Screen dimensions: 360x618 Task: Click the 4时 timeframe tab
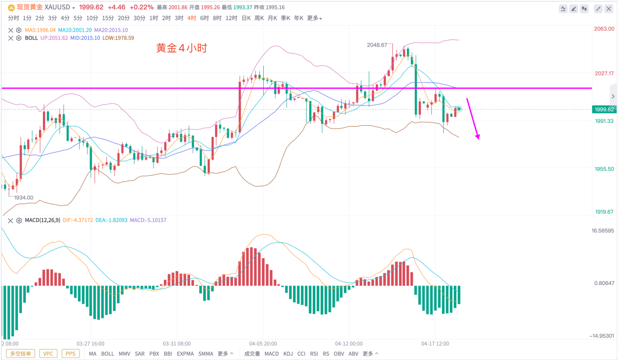pyautogui.click(x=192, y=18)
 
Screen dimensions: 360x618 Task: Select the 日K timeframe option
pyautogui.click(x=246, y=18)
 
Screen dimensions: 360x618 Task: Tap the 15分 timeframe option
pyautogui.click(x=108, y=18)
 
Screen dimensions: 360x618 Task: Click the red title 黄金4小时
pyautogui.click(x=182, y=48)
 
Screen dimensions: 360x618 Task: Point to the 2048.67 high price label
pyautogui.click(x=377, y=45)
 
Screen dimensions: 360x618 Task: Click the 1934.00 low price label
pyautogui.click(x=23, y=198)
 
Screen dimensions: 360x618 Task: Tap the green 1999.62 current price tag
pyautogui.click(x=603, y=110)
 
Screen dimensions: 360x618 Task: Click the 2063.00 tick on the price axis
pyautogui.click(x=603, y=29)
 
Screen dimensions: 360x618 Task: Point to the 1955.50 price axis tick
pyautogui.click(x=603, y=169)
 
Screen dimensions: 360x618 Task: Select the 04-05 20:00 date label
pyautogui.click(x=263, y=343)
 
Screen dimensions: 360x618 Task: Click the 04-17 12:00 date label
pyautogui.click(x=435, y=343)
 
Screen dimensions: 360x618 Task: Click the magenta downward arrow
pyautogui.click(x=473, y=119)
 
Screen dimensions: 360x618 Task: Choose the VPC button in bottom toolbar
pyautogui.click(x=48, y=354)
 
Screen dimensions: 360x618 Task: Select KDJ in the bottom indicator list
pyautogui.click(x=288, y=354)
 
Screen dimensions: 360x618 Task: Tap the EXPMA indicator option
pyautogui.click(x=185, y=354)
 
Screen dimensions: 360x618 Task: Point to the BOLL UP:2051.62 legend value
pyautogui.click(x=54, y=38)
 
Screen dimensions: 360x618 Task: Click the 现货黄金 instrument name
pyautogui.click(x=30, y=7)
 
